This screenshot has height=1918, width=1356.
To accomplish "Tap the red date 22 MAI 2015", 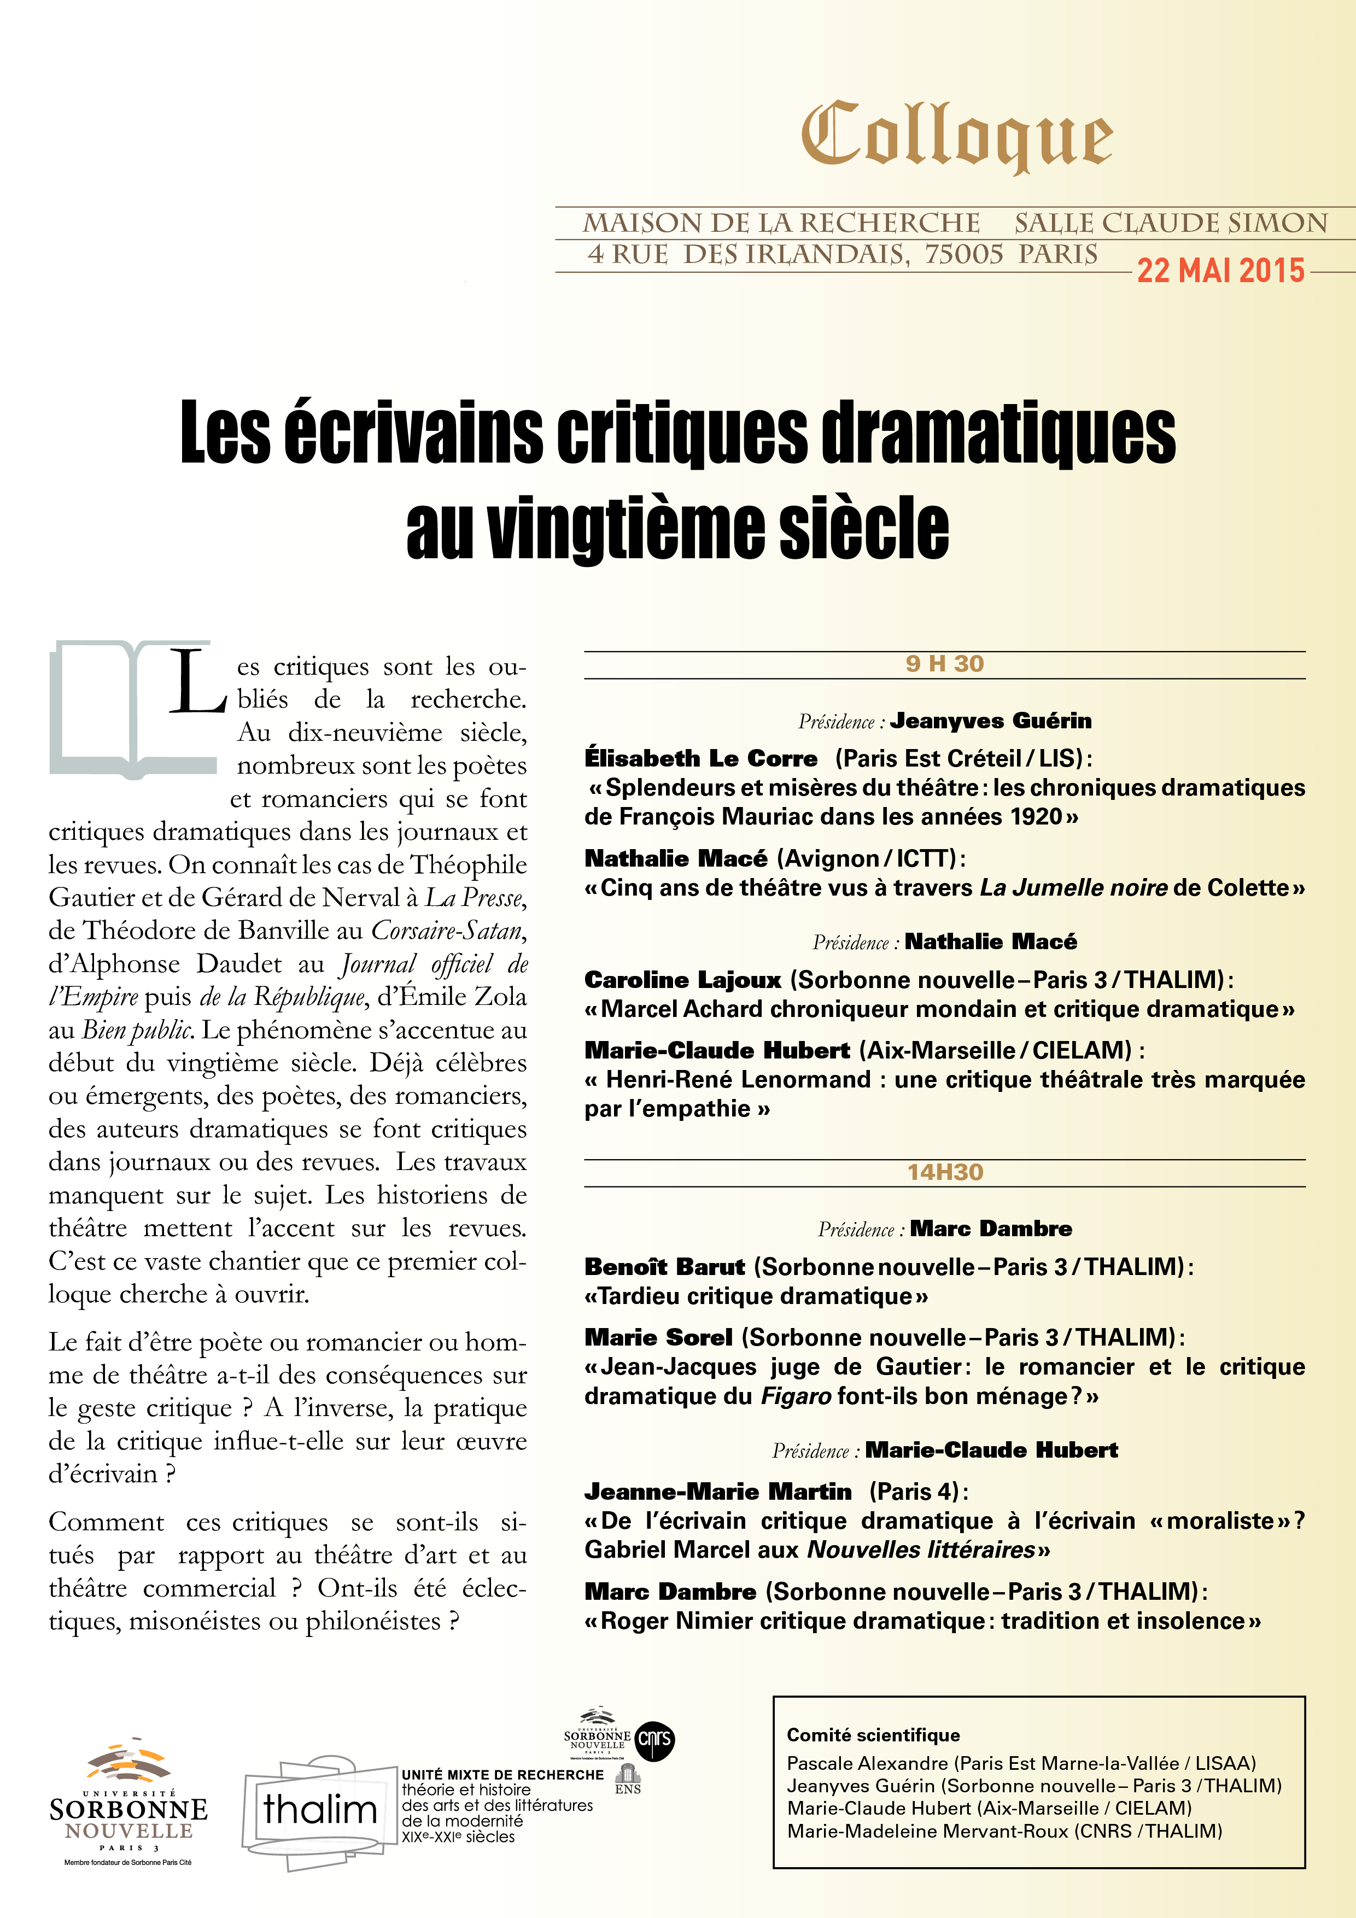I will (x=1220, y=271).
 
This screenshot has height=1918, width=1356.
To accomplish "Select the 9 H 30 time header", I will (x=944, y=664).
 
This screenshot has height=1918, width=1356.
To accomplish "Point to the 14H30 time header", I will (x=945, y=1172).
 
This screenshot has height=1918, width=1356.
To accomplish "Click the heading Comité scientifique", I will (x=873, y=1735).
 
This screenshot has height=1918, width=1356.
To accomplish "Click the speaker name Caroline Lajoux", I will (x=682, y=980).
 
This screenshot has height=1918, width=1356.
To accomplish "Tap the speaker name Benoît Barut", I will (x=664, y=1267).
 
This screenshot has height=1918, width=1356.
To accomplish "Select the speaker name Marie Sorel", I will (x=658, y=1337).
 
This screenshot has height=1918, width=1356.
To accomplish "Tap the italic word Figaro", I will (x=796, y=1396).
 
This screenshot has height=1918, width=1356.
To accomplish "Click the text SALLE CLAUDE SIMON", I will (x=1171, y=223).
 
